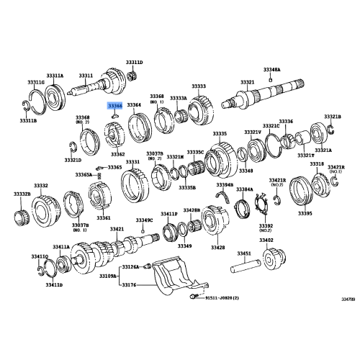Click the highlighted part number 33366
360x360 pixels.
click(114, 105)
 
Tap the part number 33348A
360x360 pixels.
click(272, 69)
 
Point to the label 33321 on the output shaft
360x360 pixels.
click(247, 82)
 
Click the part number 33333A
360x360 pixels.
click(179, 98)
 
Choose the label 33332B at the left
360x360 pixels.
click(22, 194)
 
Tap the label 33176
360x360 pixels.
click(127, 284)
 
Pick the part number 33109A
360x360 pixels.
click(107, 275)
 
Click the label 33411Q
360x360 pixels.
click(40, 256)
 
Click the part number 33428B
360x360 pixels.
click(192, 210)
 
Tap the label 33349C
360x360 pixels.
click(145, 220)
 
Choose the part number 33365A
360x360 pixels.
click(84, 175)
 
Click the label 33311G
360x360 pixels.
click(36, 83)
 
